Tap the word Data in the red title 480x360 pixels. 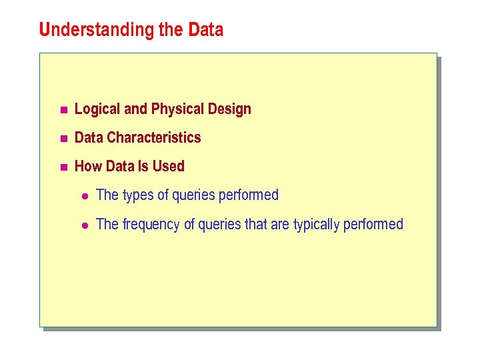tap(206, 30)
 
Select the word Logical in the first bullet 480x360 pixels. tap(97, 109)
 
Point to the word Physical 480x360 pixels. tap(177, 109)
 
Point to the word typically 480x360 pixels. tap(316, 225)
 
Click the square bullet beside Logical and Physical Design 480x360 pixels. tap(63, 110)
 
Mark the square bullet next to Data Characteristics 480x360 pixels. tap(63, 138)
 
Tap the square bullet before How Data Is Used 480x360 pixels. tap(63, 167)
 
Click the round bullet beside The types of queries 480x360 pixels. tap(84, 196)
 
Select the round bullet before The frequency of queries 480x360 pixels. tap(84, 225)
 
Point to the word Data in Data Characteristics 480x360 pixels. tap(89, 137)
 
